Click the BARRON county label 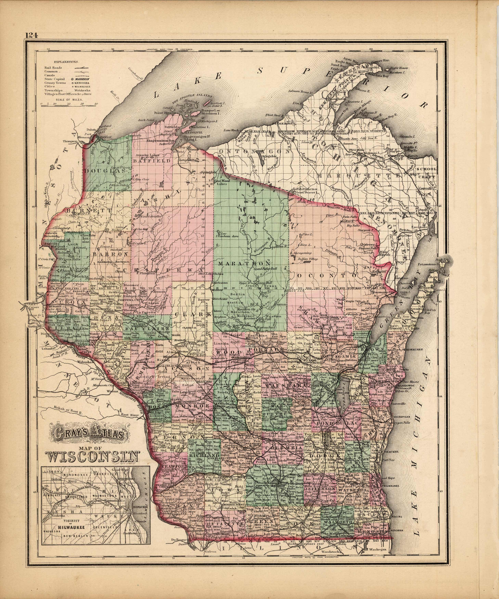pyautogui.click(x=107, y=254)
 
